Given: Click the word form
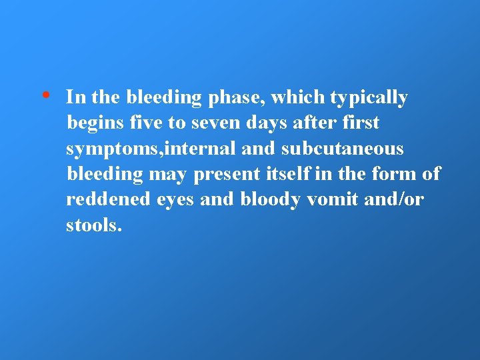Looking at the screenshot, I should [x=391, y=174].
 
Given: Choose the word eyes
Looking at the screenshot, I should [x=174, y=201].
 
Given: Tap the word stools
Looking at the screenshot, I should [x=94, y=225].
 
